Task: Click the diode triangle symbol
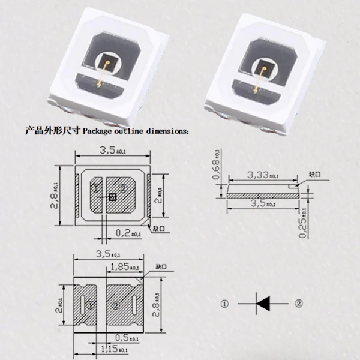pos(263,304)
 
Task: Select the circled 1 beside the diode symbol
pos(224,304)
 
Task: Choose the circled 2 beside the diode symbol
pos(298,304)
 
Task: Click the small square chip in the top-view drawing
pos(112,196)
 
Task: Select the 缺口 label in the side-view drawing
pos(314,174)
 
